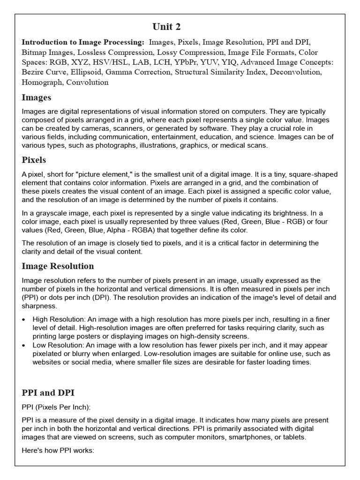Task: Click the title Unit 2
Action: (166, 26)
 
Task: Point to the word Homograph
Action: (43, 82)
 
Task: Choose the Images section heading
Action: (37, 97)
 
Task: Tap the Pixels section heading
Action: (35, 160)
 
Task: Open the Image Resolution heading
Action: (58, 266)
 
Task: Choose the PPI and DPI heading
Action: (48, 393)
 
